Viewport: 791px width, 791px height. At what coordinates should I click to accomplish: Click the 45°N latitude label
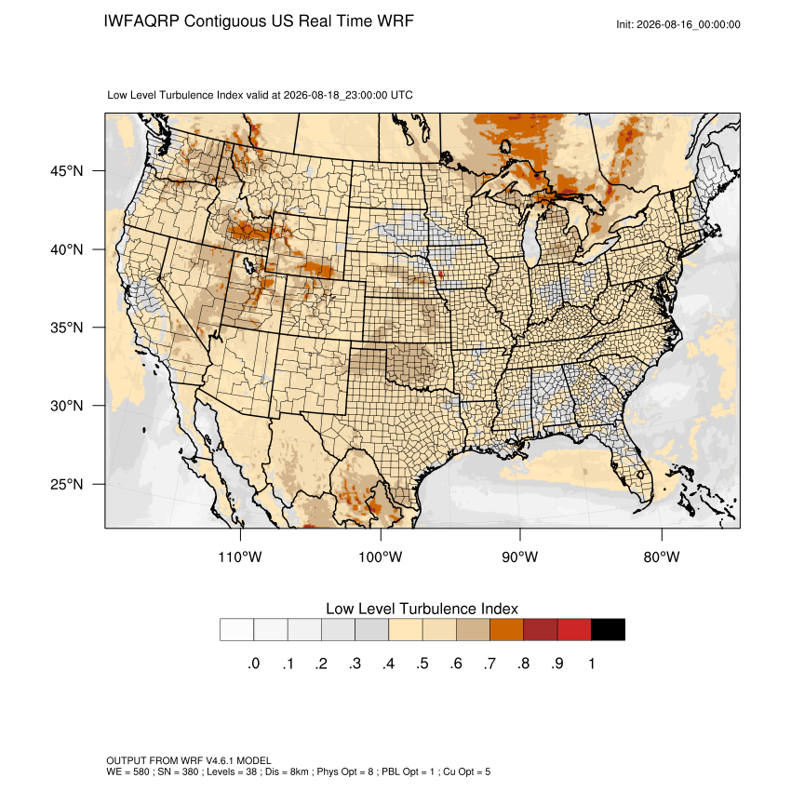point(67,171)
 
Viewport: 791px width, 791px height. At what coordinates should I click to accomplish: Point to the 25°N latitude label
point(67,484)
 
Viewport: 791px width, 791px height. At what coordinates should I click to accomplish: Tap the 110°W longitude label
point(240,556)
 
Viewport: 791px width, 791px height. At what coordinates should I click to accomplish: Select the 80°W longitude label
point(662,556)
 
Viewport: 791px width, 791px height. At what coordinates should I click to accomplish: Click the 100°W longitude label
point(381,556)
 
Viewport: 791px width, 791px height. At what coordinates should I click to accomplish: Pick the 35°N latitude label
point(67,328)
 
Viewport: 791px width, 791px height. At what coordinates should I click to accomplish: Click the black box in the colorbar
point(608,630)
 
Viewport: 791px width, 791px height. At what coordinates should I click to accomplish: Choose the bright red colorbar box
point(574,630)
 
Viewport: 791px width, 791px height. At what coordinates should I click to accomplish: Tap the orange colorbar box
point(506,630)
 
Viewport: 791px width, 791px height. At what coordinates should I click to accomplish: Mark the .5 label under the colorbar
point(422,664)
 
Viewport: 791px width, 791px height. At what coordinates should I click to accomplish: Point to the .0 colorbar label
point(254,664)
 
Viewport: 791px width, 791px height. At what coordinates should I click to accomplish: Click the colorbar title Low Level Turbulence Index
point(422,609)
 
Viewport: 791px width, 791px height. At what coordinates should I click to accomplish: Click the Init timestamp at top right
point(678,24)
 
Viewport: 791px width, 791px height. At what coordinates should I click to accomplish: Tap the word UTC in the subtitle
point(402,95)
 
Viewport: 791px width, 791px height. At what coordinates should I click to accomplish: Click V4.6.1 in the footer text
point(220,760)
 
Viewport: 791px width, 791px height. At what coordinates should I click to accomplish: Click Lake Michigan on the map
point(530,237)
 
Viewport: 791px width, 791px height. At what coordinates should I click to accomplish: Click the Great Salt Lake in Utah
point(248,265)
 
